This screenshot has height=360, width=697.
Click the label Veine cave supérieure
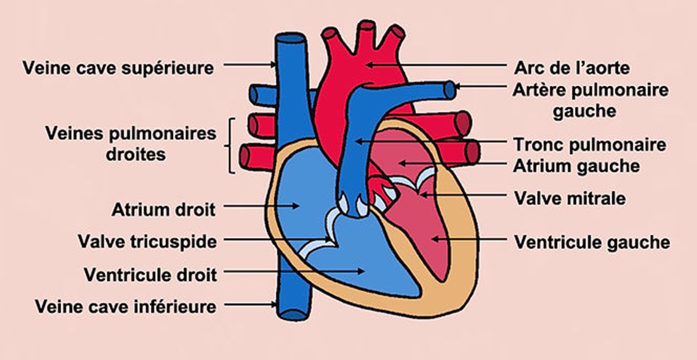pyautogui.click(x=118, y=68)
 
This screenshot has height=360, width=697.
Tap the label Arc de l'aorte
pyautogui.click(x=572, y=68)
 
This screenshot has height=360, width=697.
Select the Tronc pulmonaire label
pyautogui.click(x=590, y=145)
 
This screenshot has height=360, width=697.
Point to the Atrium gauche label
pyautogui.click(x=576, y=166)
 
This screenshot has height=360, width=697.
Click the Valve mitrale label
pyautogui.click(x=570, y=198)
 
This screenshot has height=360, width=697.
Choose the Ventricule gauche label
pyautogui.click(x=592, y=242)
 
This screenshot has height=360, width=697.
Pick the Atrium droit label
pyautogui.click(x=164, y=210)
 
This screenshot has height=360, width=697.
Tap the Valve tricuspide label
pyautogui.click(x=148, y=242)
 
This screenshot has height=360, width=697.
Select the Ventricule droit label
pyautogui.click(x=151, y=275)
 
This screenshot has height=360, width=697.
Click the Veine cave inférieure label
pyautogui.click(x=126, y=307)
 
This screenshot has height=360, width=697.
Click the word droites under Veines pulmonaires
pyautogui.click(x=135, y=155)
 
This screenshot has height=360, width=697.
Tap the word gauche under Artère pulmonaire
pyautogui.click(x=585, y=111)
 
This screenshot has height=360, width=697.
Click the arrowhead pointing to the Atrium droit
pyautogui.click(x=295, y=205)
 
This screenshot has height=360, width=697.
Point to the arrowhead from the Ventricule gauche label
pyautogui.click(x=436, y=239)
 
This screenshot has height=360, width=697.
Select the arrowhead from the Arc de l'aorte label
pyautogui.click(x=370, y=65)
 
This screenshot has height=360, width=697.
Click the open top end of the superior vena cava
pyautogui.click(x=289, y=38)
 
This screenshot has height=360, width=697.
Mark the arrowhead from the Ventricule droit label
pyautogui.click(x=360, y=271)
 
